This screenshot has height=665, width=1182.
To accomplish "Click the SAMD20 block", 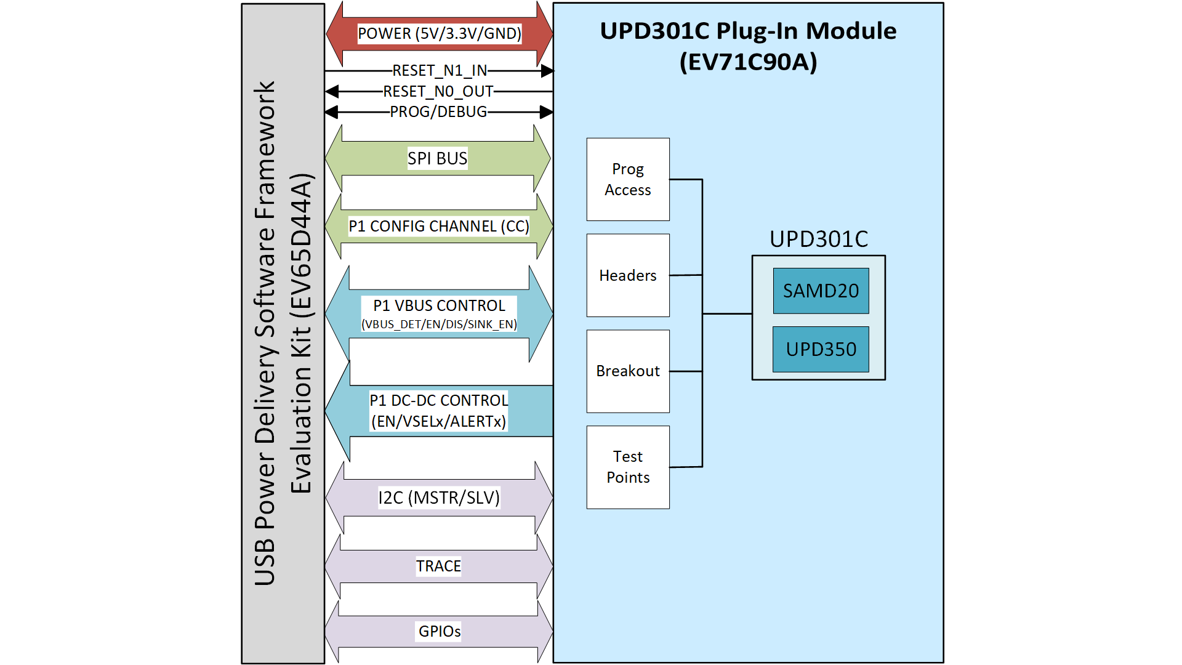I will pyautogui.click(x=821, y=291).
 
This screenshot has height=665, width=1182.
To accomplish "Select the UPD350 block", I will pyautogui.click(x=821, y=349).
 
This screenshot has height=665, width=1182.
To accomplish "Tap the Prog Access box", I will pyautogui.click(x=627, y=179).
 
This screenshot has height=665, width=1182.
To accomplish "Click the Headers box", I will pyautogui.click(x=627, y=275).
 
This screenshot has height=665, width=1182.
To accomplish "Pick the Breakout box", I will pyautogui.click(x=627, y=371).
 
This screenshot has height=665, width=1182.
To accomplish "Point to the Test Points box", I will pyautogui.click(x=627, y=467).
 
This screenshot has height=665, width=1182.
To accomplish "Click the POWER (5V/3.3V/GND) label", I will pyautogui.click(x=439, y=33).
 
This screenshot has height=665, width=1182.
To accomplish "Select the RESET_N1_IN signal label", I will pyautogui.click(x=439, y=71).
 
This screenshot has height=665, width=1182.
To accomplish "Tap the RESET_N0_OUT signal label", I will pyautogui.click(x=438, y=92).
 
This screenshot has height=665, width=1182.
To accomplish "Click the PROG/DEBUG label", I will pyautogui.click(x=438, y=112).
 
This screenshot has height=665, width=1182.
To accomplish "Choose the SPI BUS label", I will pyautogui.click(x=437, y=158).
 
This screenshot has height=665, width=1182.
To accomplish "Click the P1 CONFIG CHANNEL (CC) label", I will pyautogui.click(x=438, y=226).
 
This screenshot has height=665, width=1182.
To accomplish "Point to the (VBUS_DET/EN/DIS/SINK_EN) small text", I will pyautogui.click(x=438, y=324).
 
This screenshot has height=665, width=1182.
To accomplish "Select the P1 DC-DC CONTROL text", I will pyautogui.click(x=438, y=400).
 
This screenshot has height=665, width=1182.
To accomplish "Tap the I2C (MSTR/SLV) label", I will pyautogui.click(x=438, y=497).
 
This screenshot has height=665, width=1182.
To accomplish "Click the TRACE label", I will pyautogui.click(x=438, y=566).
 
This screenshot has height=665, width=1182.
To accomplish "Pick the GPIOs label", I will pyautogui.click(x=439, y=631).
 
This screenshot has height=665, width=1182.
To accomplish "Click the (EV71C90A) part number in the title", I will pyautogui.click(x=748, y=62).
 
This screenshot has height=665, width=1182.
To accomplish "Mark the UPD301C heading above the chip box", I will pyautogui.click(x=818, y=239).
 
